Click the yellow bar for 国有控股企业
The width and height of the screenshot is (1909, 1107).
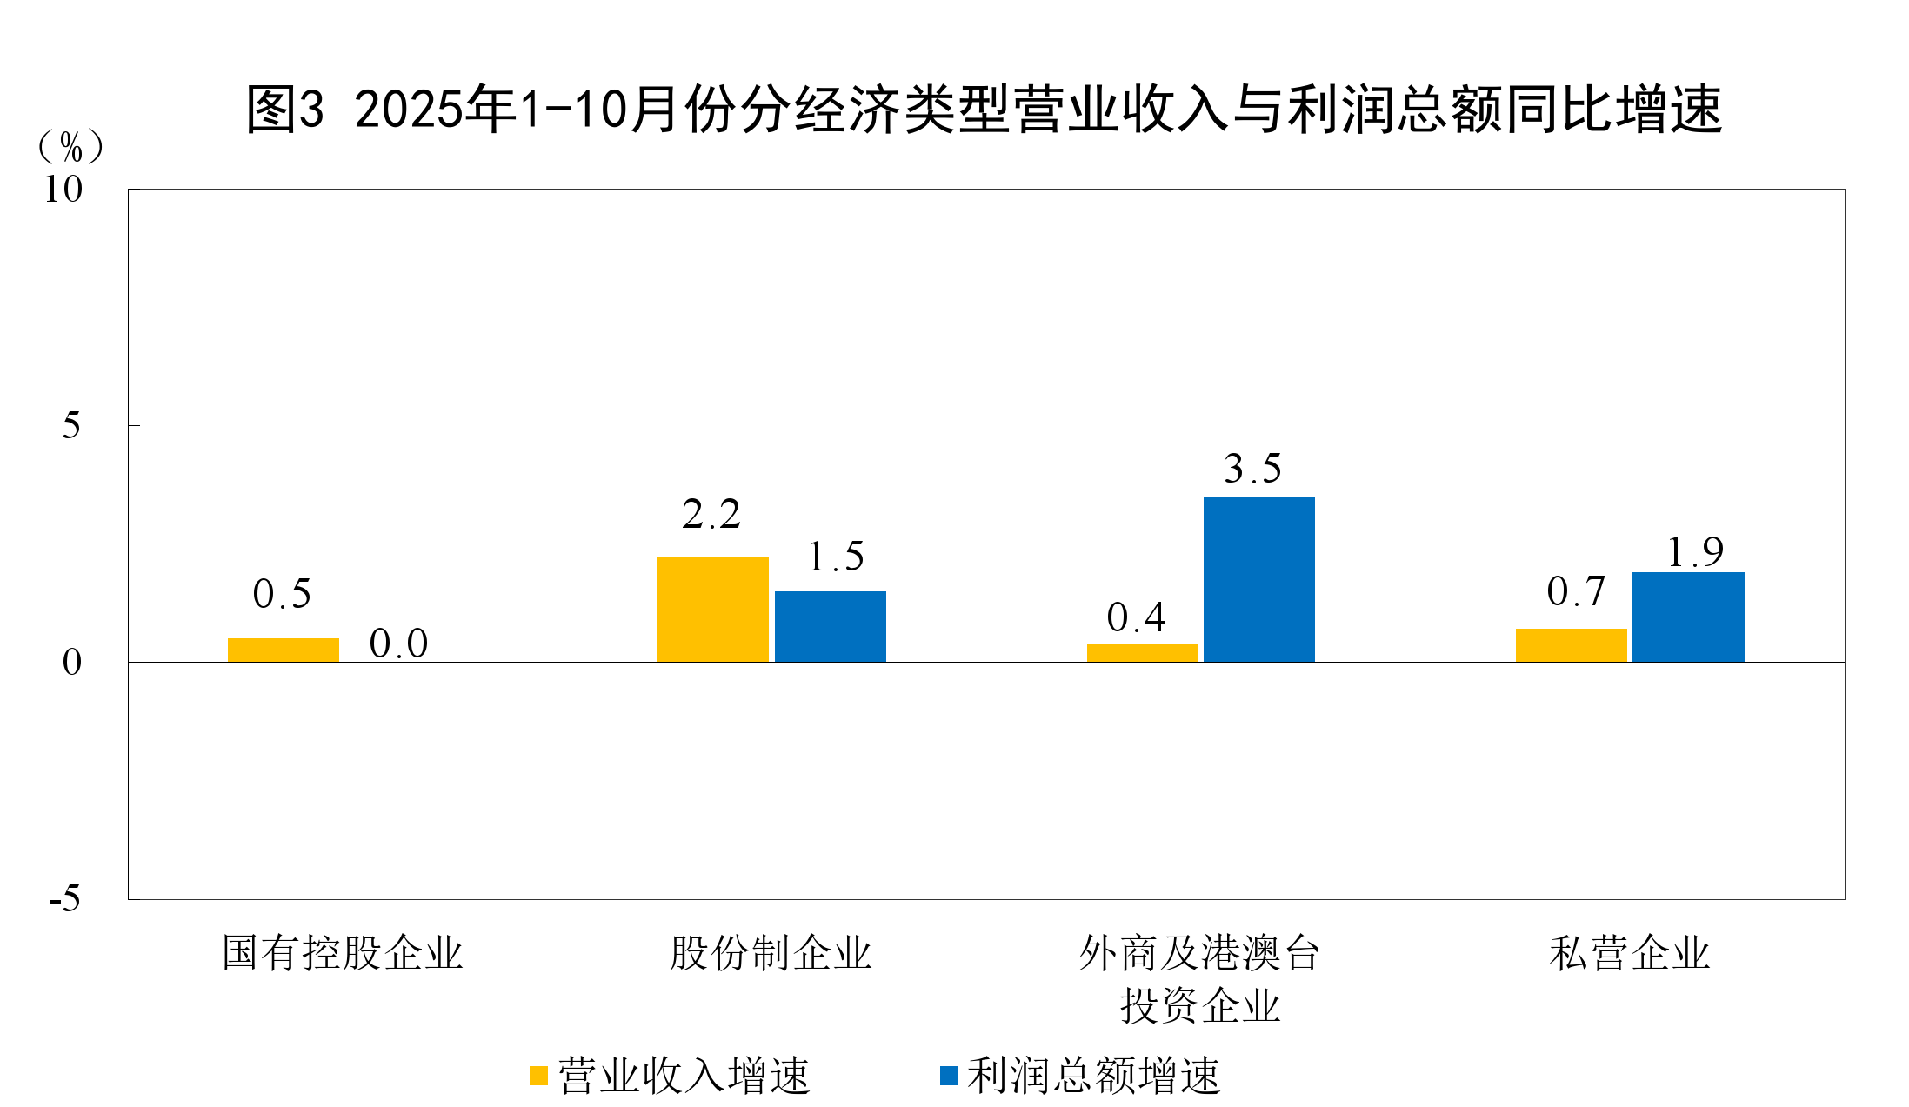click(x=283, y=650)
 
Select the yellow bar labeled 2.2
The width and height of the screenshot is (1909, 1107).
click(x=712, y=609)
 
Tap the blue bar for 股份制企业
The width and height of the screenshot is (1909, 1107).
click(x=830, y=626)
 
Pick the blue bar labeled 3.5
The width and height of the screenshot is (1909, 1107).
click(x=1258, y=578)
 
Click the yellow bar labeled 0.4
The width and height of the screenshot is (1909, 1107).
click(x=1142, y=652)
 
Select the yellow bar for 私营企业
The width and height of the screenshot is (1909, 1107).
click(x=1571, y=644)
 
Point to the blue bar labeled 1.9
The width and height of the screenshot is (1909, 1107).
click(x=1688, y=617)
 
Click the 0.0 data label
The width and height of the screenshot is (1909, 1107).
click(x=398, y=644)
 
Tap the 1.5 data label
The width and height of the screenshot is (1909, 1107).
click(x=835, y=557)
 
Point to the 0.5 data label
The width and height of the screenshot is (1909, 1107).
click(x=282, y=594)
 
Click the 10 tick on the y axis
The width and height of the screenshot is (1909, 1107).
click(x=63, y=190)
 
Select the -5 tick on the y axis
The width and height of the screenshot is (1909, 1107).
click(x=65, y=898)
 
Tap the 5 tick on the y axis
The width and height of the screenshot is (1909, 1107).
click(x=71, y=426)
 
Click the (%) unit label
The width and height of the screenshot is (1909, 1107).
click(x=70, y=147)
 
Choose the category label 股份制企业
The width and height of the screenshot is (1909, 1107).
click(x=770, y=953)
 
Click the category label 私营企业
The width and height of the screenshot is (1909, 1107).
click(x=1629, y=953)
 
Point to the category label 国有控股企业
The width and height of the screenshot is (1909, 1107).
click(x=342, y=953)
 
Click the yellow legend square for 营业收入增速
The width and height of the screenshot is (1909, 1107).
click(x=538, y=1076)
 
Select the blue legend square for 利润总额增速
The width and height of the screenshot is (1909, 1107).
click(x=949, y=1076)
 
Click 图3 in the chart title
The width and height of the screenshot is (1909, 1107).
click(x=284, y=110)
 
